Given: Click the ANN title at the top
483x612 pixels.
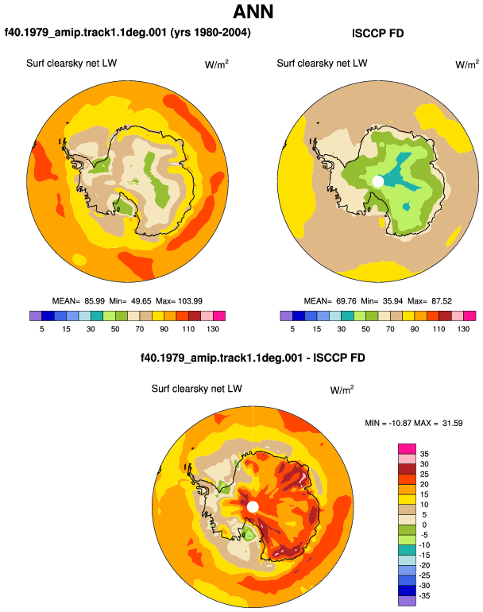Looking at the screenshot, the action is click(253, 12).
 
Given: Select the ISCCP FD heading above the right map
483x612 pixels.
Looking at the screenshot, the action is click(377, 33).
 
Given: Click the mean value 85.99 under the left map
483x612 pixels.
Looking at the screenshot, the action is click(95, 301).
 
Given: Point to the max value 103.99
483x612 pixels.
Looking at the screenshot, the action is click(191, 301).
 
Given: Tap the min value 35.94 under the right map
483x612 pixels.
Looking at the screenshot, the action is click(392, 301).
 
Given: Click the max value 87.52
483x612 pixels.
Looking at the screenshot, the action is click(442, 301).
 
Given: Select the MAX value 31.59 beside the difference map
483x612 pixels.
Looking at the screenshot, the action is click(453, 423).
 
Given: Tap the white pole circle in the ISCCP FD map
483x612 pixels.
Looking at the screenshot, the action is click(377, 181).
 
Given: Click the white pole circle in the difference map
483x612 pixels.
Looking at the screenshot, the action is click(253, 507).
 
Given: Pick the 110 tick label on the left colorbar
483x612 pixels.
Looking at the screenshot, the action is click(188, 329).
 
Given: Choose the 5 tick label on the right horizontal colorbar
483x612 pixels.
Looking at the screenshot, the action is click(292, 329).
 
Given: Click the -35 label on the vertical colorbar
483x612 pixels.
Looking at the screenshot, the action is click(424, 595).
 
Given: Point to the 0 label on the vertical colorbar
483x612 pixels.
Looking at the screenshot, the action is click(424, 525).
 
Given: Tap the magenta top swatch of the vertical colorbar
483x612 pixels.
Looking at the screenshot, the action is click(407, 448).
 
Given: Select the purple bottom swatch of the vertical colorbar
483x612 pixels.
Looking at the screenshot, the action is click(407, 601).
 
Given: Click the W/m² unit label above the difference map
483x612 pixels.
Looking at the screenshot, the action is click(342, 389).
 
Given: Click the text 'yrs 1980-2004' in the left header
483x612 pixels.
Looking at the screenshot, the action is click(211, 32).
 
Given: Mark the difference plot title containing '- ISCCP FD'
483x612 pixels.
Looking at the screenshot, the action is click(253, 358).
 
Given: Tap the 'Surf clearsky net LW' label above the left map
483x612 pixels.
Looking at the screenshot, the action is click(71, 64).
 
